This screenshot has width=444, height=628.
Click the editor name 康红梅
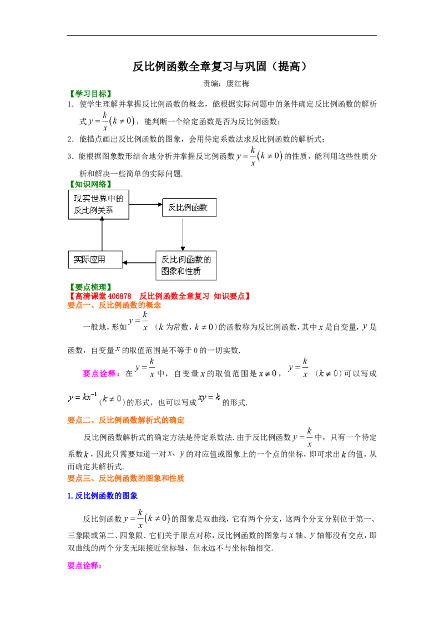click(x=238, y=84)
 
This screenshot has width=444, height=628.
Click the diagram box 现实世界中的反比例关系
click(x=99, y=204)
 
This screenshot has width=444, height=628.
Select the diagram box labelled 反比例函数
click(x=189, y=207)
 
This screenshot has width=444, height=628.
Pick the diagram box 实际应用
click(x=95, y=260)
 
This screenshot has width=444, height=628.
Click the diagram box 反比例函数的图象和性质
click(x=186, y=265)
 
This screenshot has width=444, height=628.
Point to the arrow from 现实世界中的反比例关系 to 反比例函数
click(x=146, y=205)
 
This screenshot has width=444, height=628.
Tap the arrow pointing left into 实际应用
click(x=139, y=263)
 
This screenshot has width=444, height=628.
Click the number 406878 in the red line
click(x=119, y=296)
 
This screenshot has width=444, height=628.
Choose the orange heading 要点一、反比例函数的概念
click(x=114, y=305)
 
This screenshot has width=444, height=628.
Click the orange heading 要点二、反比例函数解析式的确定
click(x=126, y=420)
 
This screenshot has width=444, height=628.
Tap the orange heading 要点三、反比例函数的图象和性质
click(x=126, y=478)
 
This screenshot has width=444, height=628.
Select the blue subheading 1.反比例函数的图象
click(x=102, y=496)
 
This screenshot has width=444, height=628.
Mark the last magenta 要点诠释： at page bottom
click(x=84, y=565)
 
